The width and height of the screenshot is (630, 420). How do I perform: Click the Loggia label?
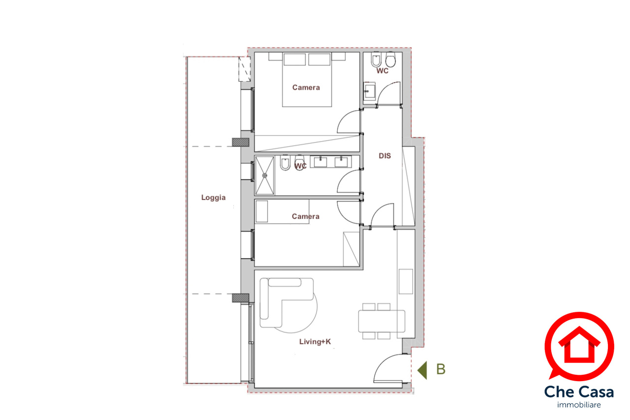(x=213, y=197)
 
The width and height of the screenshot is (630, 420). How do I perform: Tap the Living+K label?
(x=315, y=342)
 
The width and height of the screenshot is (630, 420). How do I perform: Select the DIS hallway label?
(x=384, y=156)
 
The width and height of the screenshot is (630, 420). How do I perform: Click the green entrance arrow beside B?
(x=422, y=370)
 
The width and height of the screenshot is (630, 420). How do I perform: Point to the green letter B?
(x=441, y=369)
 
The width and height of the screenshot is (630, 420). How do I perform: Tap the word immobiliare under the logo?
(x=579, y=405)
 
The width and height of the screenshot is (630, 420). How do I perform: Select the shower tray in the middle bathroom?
(x=264, y=176)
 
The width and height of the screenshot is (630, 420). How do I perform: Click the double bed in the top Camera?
(x=307, y=80)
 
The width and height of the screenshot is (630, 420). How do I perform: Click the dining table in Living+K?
(x=381, y=321)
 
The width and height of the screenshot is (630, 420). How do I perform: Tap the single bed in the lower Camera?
(x=282, y=211)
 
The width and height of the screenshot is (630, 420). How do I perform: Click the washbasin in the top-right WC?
(x=369, y=91)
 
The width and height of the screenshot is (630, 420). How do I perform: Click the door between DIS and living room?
(x=382, y=215)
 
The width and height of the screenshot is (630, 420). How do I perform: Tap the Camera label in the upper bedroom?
(x=306, y=88)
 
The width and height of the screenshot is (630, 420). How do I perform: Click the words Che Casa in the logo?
(x=579, y=392)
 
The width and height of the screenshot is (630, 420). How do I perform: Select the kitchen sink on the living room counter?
(x=406, y=281)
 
